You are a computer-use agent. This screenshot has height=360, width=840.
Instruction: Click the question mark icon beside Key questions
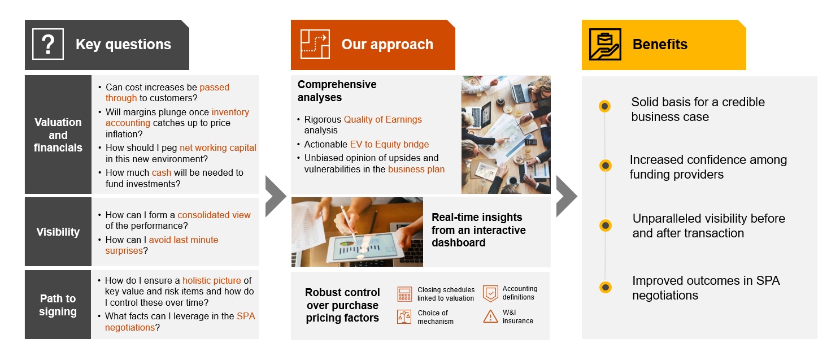coord(48,44)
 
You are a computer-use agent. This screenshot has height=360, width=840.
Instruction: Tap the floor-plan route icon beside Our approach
coord(315,44)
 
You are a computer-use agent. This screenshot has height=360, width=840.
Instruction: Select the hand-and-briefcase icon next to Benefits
coord(605,44)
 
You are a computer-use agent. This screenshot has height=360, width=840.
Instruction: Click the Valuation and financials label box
coord(58,135)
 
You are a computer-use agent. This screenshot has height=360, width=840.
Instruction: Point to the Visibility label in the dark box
coord(58,232)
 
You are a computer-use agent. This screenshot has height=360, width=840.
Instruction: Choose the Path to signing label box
coord(58,305)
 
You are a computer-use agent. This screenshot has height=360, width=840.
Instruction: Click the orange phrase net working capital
coord(218,148)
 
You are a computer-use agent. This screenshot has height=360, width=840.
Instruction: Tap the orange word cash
coord(161,172)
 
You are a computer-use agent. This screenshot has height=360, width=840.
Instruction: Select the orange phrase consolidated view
coord(214,215)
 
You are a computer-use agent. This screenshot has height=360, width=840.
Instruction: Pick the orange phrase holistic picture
coord(211,280)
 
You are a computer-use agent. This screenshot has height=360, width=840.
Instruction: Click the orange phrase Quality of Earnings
coord(382,120)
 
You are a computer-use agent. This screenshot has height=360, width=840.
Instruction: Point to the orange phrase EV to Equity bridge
coord(389,144)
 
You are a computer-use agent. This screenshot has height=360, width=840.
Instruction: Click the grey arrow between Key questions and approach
coord(276,196)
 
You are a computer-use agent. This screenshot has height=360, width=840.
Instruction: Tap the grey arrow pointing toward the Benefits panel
coord(567,196)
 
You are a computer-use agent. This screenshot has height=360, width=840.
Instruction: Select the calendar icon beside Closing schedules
coord(404,294)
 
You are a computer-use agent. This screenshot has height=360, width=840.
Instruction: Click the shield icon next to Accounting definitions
coord(490,293)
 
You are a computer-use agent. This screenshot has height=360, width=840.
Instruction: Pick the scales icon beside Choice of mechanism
coord(404,317)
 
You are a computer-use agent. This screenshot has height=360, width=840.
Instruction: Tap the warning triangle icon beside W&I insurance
coord(490,316)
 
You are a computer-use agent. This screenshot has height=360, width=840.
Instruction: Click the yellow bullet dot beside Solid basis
coord(604,106)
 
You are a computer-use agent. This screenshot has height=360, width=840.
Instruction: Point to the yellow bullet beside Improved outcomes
coord(605,287)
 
